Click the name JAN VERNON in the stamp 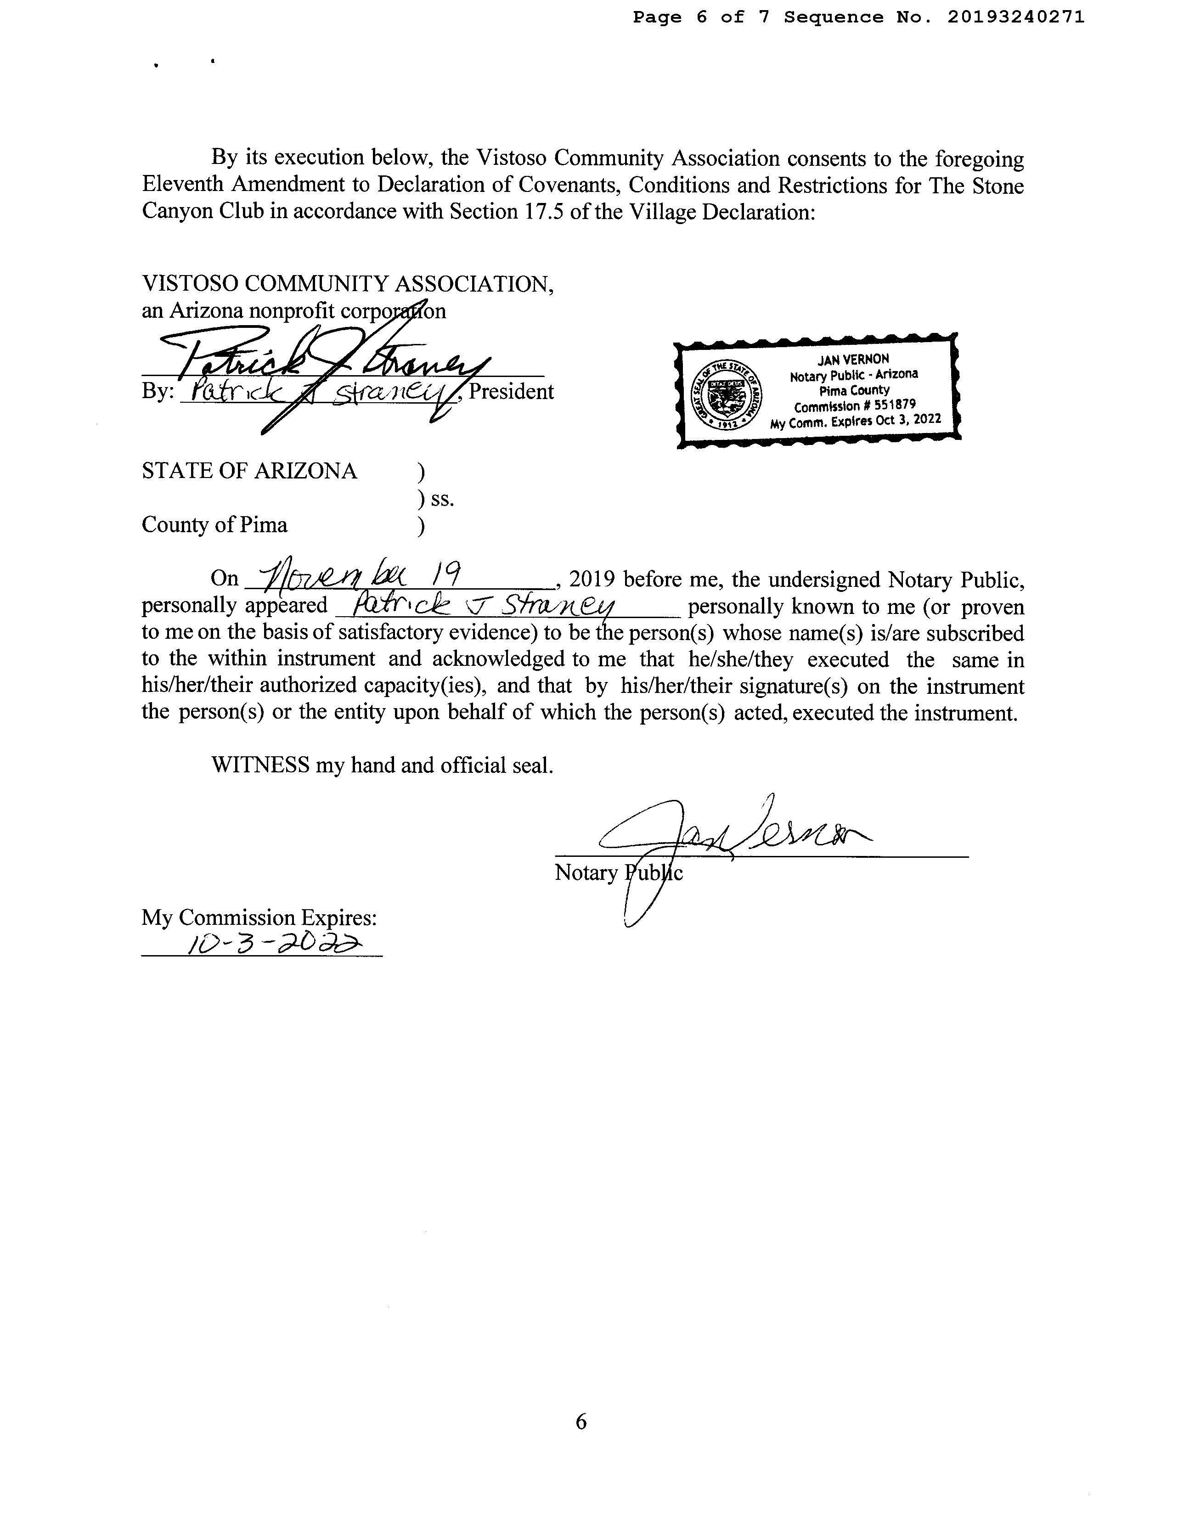(853, 359)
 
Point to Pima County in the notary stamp (854, 390)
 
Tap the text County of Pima (214, 524)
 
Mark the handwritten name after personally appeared (484, 604)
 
